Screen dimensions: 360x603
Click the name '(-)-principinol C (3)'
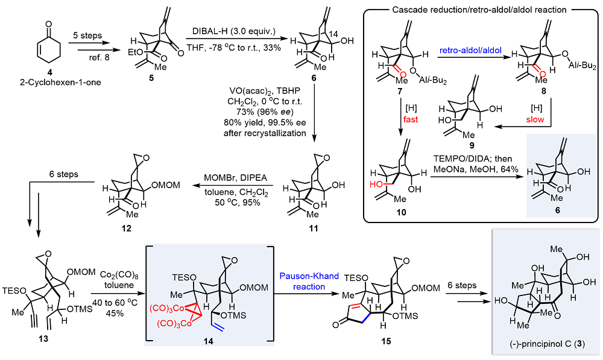pos(547,344)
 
